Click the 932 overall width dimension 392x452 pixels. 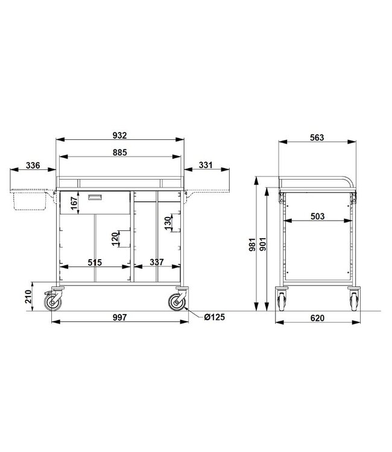[x=119, y=134]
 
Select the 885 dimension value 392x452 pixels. [x=119, y=152]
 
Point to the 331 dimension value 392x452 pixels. [x=206, y=166]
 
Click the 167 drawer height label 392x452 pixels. [x=74, y=203]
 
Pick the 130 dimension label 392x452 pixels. [x=168, y=223]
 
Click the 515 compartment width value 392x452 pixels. [x=94, y=262]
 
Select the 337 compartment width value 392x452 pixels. [x=157, y=262]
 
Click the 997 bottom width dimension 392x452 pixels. [x=119, y=318]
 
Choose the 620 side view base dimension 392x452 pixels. [x=317, y=318]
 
